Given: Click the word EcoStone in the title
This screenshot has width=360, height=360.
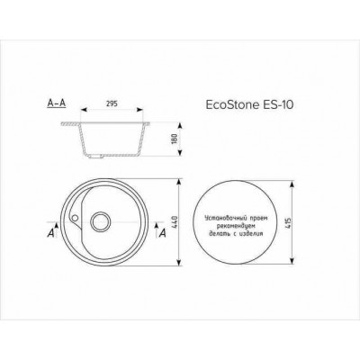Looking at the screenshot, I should click(238, 105).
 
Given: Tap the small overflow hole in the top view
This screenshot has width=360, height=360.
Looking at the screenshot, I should click(78, 217).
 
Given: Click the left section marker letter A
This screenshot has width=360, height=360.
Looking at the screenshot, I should click(50, 233).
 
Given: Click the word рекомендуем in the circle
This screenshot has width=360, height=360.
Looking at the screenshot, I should click(243, 225).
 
